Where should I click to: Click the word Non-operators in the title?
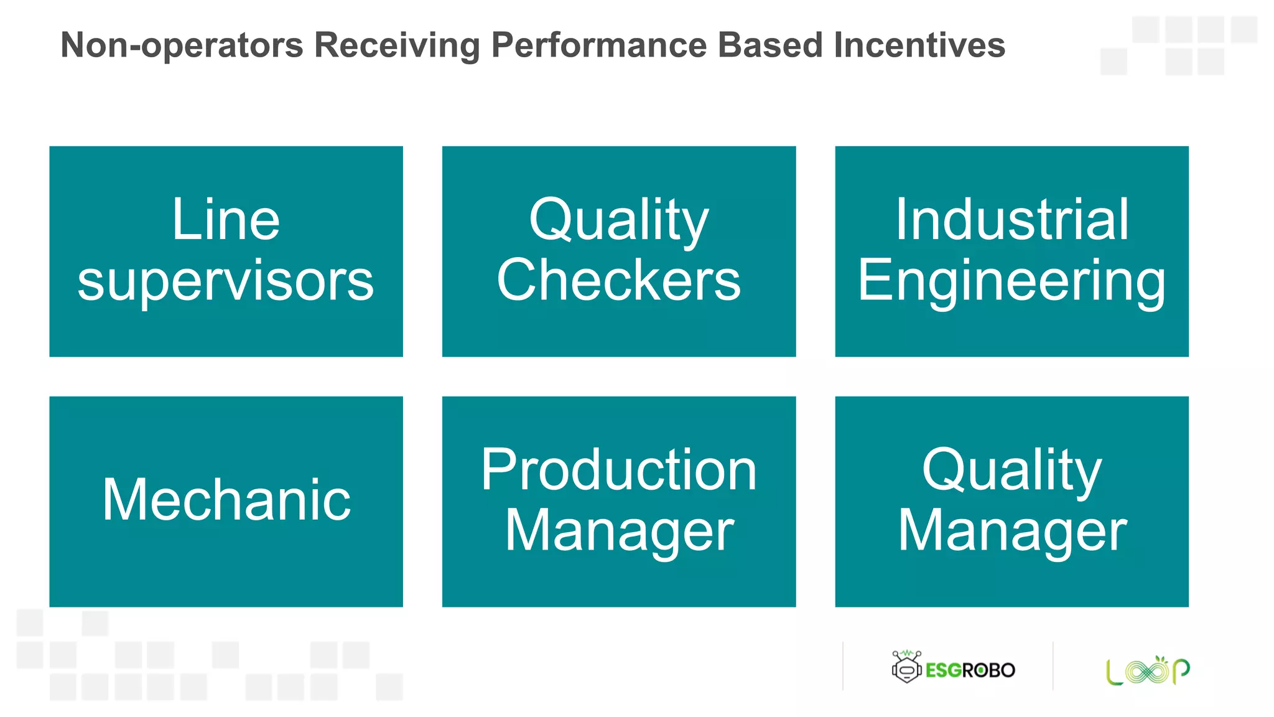click(x=182, y=45)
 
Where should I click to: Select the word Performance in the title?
click(x=599, y=45)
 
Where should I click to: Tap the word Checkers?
click(x=619, y=280)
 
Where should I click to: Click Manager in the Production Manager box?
click(x=619, y=530)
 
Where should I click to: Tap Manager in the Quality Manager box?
click(x=1011, y=530)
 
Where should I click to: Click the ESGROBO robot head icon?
click(x=906, y=667)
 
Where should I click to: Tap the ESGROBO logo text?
click(x=970, y=670)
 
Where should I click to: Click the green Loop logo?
click(x=1148, y=670)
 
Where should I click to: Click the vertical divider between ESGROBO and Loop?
click(x=1053, y=666)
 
